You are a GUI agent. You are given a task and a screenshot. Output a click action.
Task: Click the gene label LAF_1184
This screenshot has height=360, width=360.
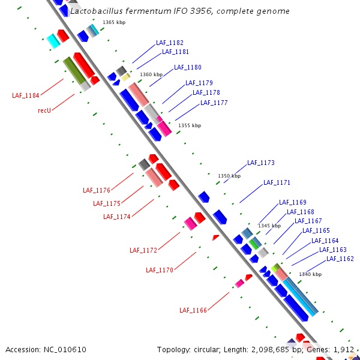tap(26, 95)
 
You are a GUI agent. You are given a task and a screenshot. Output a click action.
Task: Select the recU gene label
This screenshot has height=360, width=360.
tap(44, 110)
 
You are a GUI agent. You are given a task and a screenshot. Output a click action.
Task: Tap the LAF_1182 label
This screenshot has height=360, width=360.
tap(170, 43)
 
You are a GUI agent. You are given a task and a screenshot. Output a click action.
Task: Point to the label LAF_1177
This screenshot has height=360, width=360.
tap(214, 103)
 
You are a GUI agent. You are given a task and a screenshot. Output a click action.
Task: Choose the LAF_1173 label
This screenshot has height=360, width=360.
tap(261, 163)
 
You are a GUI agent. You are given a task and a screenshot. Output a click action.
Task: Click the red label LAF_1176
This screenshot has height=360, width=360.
tap(97, 190)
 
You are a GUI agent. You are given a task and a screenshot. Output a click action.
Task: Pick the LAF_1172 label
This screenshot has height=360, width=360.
tap(143, 250)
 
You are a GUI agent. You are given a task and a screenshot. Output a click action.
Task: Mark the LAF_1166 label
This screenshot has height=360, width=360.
tap(193, 310)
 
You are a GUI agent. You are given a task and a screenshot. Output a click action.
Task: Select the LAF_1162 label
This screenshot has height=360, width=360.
tap(340, 259)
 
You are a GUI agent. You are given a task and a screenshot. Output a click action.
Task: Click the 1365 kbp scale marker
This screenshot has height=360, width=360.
tap(114, 22)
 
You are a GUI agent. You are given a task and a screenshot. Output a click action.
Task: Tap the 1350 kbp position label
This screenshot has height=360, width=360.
tap(229, 176)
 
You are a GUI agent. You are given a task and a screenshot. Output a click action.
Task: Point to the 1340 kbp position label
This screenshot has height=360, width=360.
tap(310, 274)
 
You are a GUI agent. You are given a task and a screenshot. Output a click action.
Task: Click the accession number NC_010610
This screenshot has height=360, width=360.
tap(64, 349)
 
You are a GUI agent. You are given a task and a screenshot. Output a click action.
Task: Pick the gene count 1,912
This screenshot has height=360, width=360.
tap(344, 349)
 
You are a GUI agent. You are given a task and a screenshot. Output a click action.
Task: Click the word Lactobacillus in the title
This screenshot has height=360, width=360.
tap(95, 11)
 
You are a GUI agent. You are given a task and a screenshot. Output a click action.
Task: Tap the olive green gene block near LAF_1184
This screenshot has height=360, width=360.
tap(74, 70)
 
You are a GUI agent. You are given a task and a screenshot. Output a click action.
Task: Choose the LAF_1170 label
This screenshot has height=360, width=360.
tap(160, 270)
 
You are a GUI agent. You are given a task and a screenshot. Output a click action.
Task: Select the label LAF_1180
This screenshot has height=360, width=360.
tap(188, 67)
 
